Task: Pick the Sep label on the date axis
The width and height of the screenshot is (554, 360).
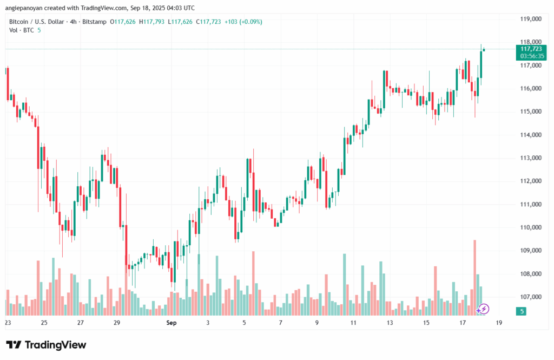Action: (172, 323)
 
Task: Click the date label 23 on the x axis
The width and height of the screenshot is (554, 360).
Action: (8, 323)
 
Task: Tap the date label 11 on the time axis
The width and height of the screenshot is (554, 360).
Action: (353, 323)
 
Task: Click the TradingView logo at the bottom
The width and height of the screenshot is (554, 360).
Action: (46, 345)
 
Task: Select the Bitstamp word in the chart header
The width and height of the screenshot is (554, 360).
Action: (95, 22)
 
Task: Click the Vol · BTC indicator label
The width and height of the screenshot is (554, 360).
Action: (22, 30)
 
